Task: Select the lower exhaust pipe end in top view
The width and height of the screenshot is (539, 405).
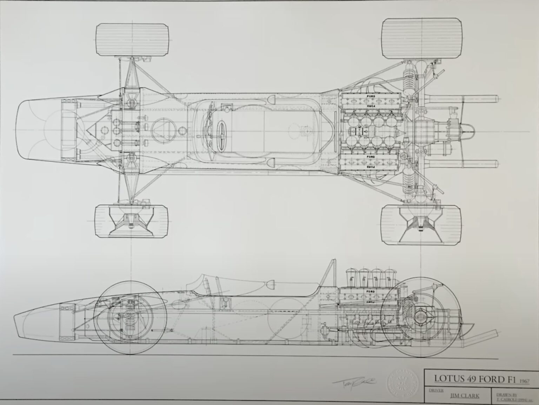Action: [497, 164]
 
